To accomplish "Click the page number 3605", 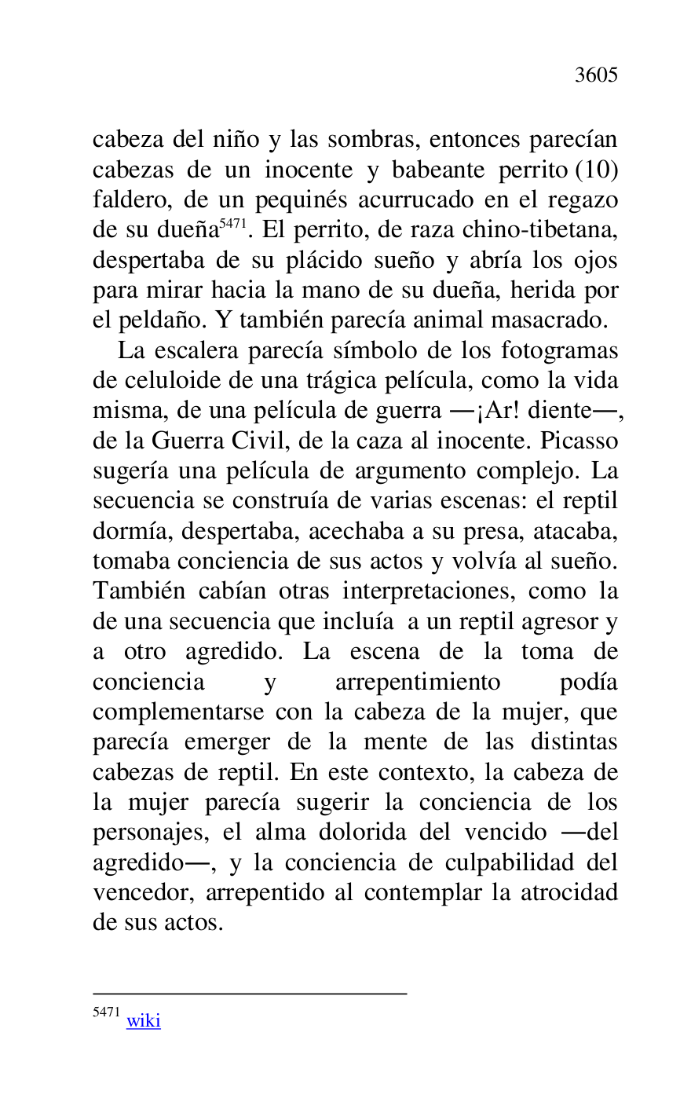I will [x=596, y=75].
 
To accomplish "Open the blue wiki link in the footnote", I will [x=143, y=1020].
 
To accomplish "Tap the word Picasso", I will [x=579, y=441].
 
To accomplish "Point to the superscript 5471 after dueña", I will [x=232, y=225].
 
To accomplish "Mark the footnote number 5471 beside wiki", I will [x=106, y=1012].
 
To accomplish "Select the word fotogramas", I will [x=559, y=350].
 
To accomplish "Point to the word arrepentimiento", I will [x=417, y=682].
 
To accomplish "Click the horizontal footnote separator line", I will [x=250, y=994].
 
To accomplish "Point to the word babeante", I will [x=441, y=170].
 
